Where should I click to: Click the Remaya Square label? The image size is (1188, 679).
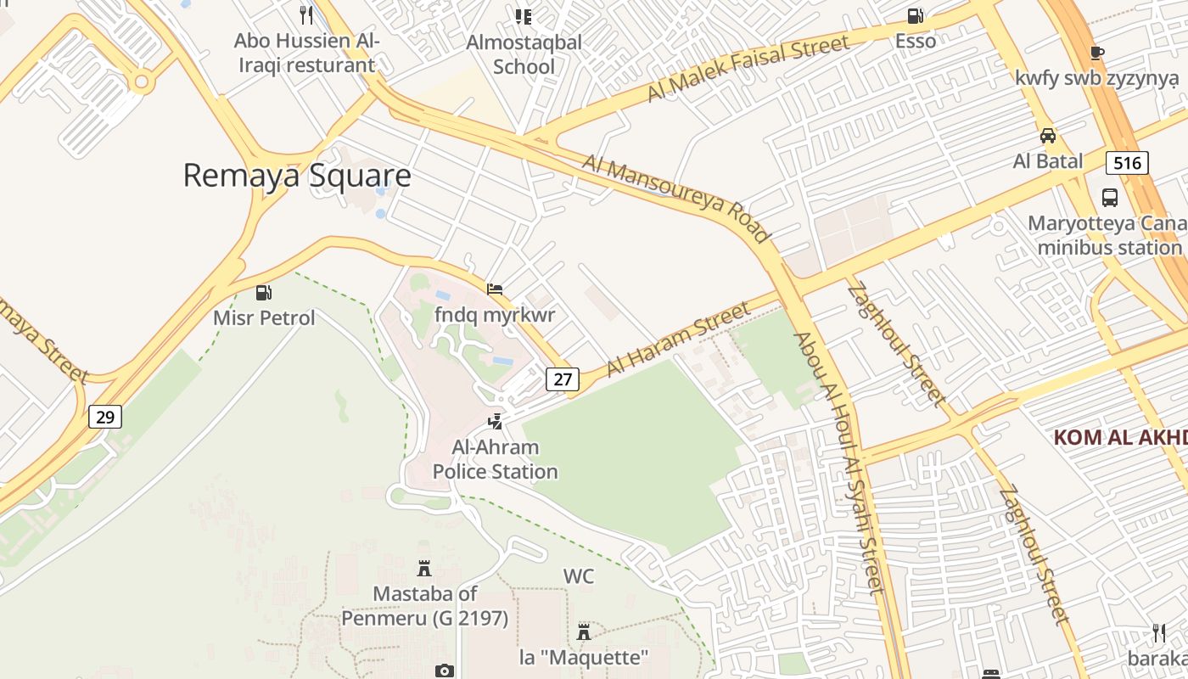pos(297,176)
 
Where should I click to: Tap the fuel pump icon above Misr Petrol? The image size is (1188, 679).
pos(264,293)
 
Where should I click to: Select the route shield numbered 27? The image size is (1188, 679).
pos(563,379)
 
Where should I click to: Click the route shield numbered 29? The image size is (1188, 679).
pos(105,417)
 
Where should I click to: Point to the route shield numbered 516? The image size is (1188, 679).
pos(1127,162)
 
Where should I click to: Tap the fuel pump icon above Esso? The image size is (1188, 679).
pos(915,15)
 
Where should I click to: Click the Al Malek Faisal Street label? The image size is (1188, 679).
pos(748,69)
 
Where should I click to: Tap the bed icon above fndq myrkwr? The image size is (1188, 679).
pos(495,289)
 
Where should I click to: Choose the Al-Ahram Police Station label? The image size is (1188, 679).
pos(496,459)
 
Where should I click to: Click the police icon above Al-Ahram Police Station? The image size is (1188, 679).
pos(495,421)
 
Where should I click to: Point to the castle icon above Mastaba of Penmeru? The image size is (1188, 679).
pos(424,568)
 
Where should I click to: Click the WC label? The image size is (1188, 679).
pos(579,576)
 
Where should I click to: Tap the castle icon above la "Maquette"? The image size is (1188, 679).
pos(583,631)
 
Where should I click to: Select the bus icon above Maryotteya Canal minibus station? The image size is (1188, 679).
pos(1109,198)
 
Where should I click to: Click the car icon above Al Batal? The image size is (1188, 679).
pos(1048,136)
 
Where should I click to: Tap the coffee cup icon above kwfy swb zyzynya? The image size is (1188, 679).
pos(1096,53)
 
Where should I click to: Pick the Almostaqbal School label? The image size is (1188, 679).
pos(524,54)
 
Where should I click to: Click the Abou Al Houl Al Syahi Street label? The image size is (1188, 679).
pos(840,463)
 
